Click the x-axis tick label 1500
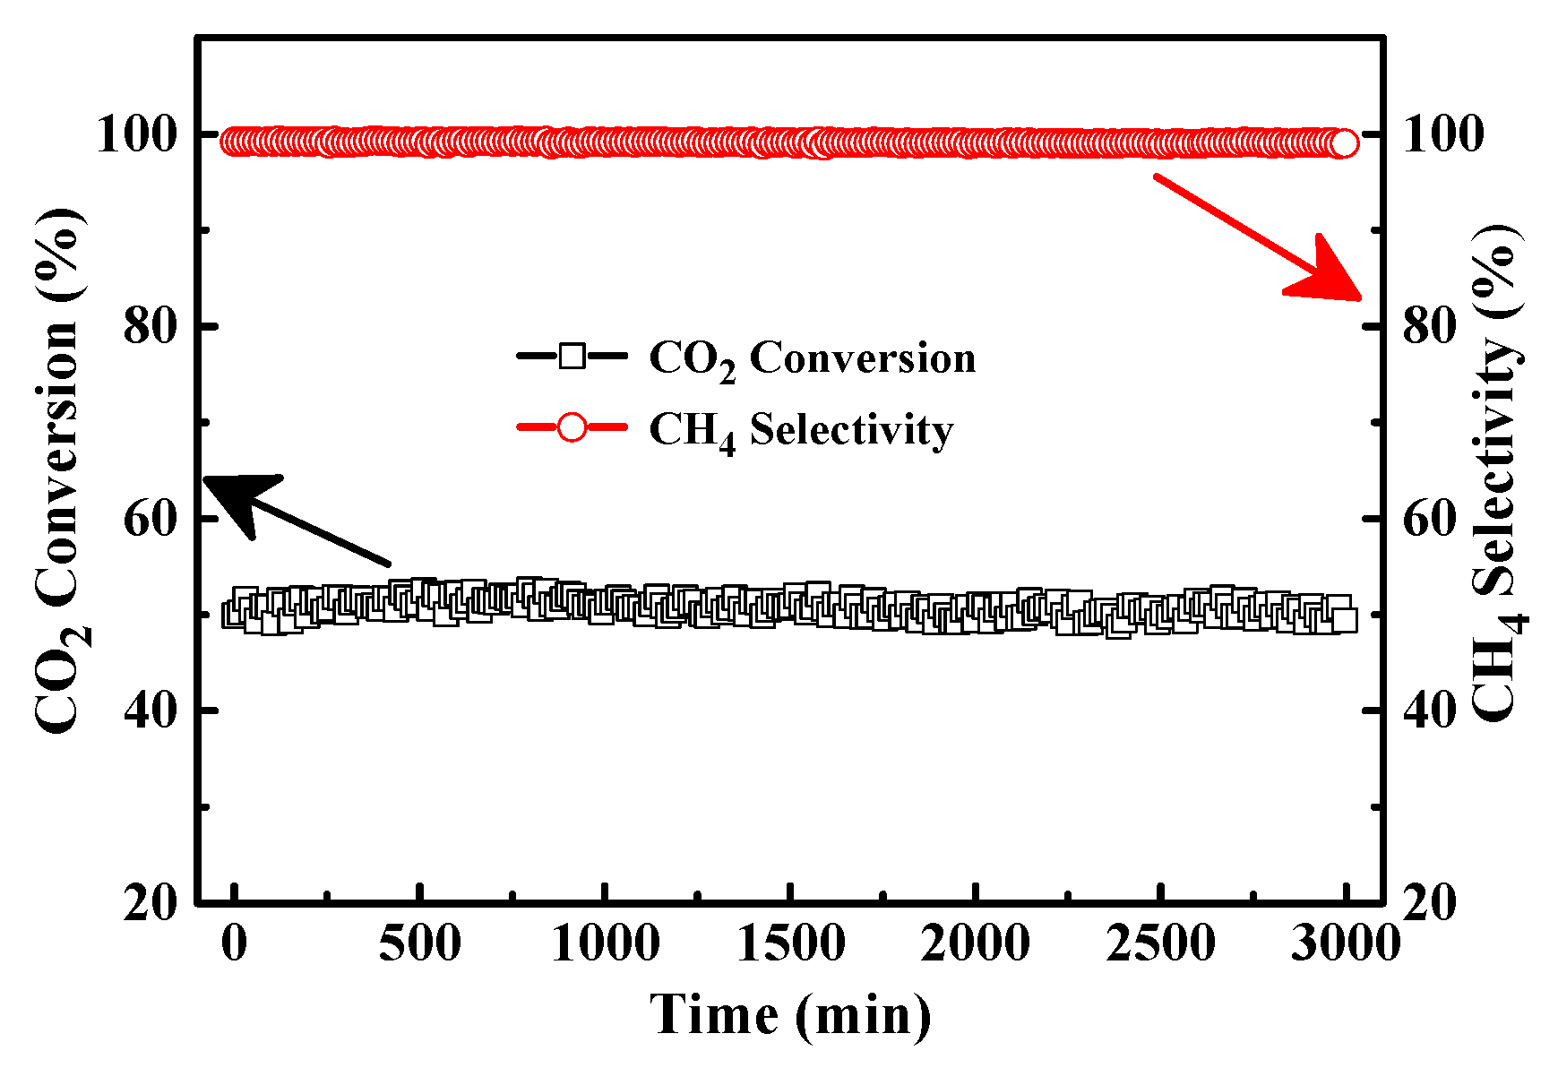(790, 943)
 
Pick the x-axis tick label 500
(419, 943)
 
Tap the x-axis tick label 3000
(1345, 943)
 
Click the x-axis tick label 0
(234, 943)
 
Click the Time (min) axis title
(790, 1016)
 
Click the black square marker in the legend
(572, 357)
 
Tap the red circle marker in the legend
(572, 428)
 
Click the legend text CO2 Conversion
(812, 359)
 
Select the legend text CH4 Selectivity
(801, 431)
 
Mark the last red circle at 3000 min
(1344, 143)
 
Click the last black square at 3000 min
(1345, 619)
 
